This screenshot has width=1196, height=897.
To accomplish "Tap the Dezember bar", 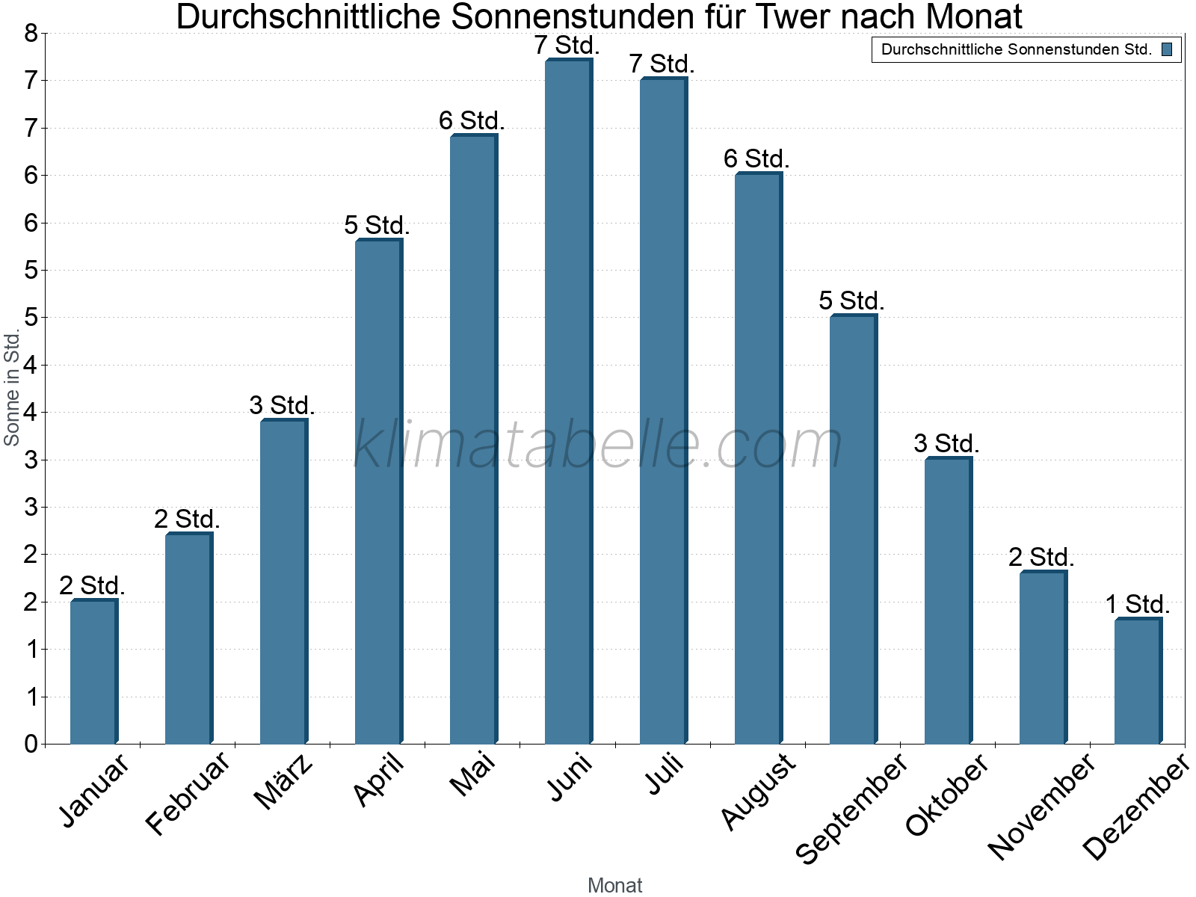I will [1138, 681].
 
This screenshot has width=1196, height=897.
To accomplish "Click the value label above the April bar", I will [377, 225].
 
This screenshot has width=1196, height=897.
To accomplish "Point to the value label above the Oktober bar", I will [946, 443].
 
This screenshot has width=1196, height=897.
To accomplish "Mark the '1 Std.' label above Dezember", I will [1138, 604].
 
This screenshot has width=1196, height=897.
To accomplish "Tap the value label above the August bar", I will [756, 158].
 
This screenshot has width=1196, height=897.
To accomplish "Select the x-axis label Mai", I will [472, 774].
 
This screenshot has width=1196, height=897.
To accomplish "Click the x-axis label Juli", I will [664, 774].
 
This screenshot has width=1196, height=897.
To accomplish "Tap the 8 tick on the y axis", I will [31, 33].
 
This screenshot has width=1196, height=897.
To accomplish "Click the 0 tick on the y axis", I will [31, 744].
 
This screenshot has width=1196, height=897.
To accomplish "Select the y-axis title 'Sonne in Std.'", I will [12, 388].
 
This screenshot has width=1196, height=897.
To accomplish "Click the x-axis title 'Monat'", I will [614, 885].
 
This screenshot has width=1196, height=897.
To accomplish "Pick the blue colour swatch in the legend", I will [1167, 50].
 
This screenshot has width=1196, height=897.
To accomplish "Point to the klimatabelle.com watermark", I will [598, 444].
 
